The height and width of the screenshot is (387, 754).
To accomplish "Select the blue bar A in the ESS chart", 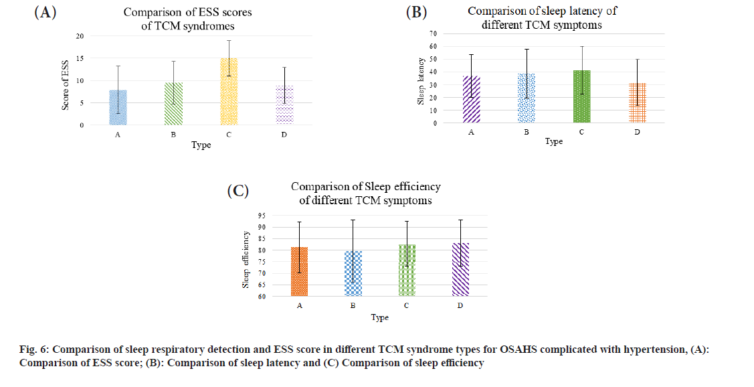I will tap(118, 107).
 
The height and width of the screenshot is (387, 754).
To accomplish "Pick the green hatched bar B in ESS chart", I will tap(174, 104).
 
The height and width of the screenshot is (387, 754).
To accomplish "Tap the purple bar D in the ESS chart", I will tap(284, 105).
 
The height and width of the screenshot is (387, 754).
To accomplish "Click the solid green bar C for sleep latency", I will tap(581, 96).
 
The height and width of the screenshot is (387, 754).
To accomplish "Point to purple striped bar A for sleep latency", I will tap(471, 100).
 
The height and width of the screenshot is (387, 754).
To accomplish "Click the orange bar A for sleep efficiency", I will tap(299, 271).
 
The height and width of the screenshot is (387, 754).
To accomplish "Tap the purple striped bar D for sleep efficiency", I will tap(460, 269).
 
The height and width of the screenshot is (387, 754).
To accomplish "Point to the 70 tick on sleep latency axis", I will tap(432, 33).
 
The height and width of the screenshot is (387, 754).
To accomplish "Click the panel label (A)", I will tap(45, 13).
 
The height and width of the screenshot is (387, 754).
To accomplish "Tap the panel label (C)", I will tap(238, 191).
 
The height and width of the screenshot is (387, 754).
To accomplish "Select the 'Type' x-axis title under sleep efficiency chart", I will tap(379, 317).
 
